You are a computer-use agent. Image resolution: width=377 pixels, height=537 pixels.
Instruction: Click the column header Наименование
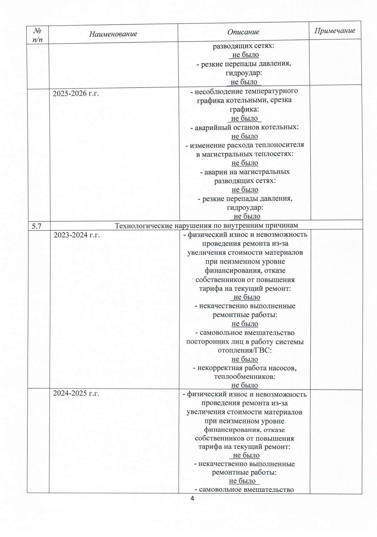point(113,34)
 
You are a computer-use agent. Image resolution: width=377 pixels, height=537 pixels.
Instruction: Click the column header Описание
point(243,32)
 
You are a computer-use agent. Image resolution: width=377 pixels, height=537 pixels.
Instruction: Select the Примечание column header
point(335,30)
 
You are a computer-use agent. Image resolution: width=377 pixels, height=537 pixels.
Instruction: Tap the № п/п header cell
point(38,35)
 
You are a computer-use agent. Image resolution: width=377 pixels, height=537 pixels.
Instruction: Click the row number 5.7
point(37,226)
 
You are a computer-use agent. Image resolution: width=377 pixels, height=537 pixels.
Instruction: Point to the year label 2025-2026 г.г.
point(76,93)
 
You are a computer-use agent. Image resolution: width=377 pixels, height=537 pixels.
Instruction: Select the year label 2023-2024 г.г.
point(77,235)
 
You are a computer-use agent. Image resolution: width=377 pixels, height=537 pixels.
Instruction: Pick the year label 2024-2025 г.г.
point(76,393)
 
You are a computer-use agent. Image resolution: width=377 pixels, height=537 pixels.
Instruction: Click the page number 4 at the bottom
point(192,498)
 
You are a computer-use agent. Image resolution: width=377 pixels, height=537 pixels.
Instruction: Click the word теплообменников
point(244,376)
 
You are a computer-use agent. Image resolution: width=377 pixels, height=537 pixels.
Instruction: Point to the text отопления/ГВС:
point(244,350)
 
